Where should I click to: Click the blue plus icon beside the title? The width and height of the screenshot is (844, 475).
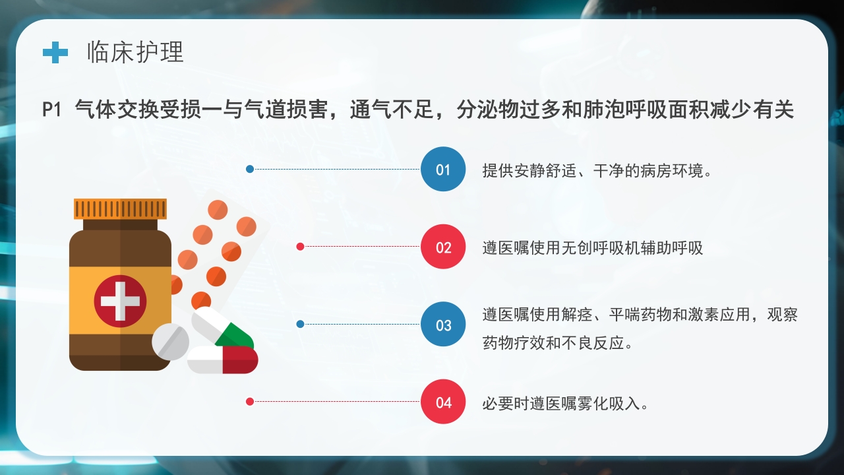click(x=55, y=52)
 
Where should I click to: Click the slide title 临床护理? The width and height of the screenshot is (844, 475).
click(x=135, y=52)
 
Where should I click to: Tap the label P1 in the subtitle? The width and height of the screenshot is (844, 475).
click(x=51, y=110)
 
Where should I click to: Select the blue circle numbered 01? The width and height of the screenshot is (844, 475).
click(x=443, y=170)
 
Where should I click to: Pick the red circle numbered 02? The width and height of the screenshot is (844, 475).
click(x=443, y=247)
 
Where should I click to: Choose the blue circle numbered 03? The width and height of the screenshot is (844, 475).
click(x=443, y=325)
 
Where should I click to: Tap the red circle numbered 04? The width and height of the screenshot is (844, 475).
click(x=443, y=402)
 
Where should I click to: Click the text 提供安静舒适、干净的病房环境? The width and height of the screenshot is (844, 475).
click(x=597, y=171)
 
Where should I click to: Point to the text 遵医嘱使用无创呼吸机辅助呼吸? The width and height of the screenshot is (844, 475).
click(x=593, y=248)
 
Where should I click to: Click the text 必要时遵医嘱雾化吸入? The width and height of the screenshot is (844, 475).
click(x=566, y=403)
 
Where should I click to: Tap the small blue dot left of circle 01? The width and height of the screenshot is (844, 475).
click(x=250, y=169)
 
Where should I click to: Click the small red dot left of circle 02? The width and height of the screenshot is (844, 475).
click(x=300, y=247)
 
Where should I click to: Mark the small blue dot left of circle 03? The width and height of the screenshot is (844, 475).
click(x=300, y=324)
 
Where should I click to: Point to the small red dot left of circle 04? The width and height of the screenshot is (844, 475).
click(x=250, y=401)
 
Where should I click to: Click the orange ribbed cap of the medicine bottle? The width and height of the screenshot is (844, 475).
click(x=120, y=208)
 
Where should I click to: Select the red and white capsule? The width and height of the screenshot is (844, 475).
click(x=223, y=360)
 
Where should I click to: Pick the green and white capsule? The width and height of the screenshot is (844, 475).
click(x=223, y=328)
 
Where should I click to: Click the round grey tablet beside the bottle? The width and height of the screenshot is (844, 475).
click(x=171, y=342)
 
